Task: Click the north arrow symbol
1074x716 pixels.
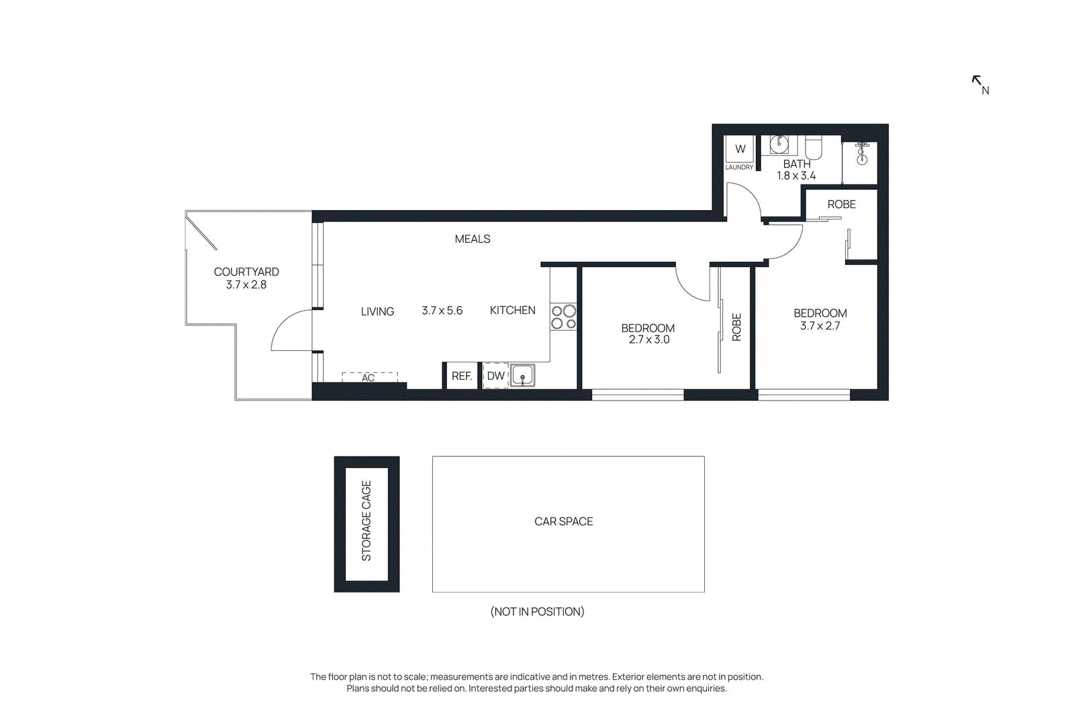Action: point(977,81)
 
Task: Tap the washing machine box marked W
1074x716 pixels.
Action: point(740,149)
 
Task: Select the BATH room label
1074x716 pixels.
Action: point(797,164)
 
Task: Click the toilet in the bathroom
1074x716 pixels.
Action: point(814,148)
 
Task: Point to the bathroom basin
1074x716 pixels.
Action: point(779,144)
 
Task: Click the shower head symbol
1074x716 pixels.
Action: point(862,154)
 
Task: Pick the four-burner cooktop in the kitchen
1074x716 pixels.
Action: point(563,317)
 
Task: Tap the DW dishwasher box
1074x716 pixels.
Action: point(495,376)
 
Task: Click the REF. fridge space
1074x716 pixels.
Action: point(461,376)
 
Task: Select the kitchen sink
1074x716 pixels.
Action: point(522,376)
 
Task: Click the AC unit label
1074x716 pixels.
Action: point(368,378)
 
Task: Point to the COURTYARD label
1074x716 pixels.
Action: point(246,272)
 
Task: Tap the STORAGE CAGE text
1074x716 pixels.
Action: point(367,521)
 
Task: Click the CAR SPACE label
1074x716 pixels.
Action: point(563,521)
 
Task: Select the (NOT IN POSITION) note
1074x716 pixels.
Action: point(537,611)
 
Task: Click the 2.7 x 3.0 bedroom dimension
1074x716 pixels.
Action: point(648,340)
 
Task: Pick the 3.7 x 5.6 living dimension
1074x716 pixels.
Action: point(442,311)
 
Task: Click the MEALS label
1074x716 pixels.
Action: point(472,239)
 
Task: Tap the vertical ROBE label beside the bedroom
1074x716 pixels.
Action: point(736,327)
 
